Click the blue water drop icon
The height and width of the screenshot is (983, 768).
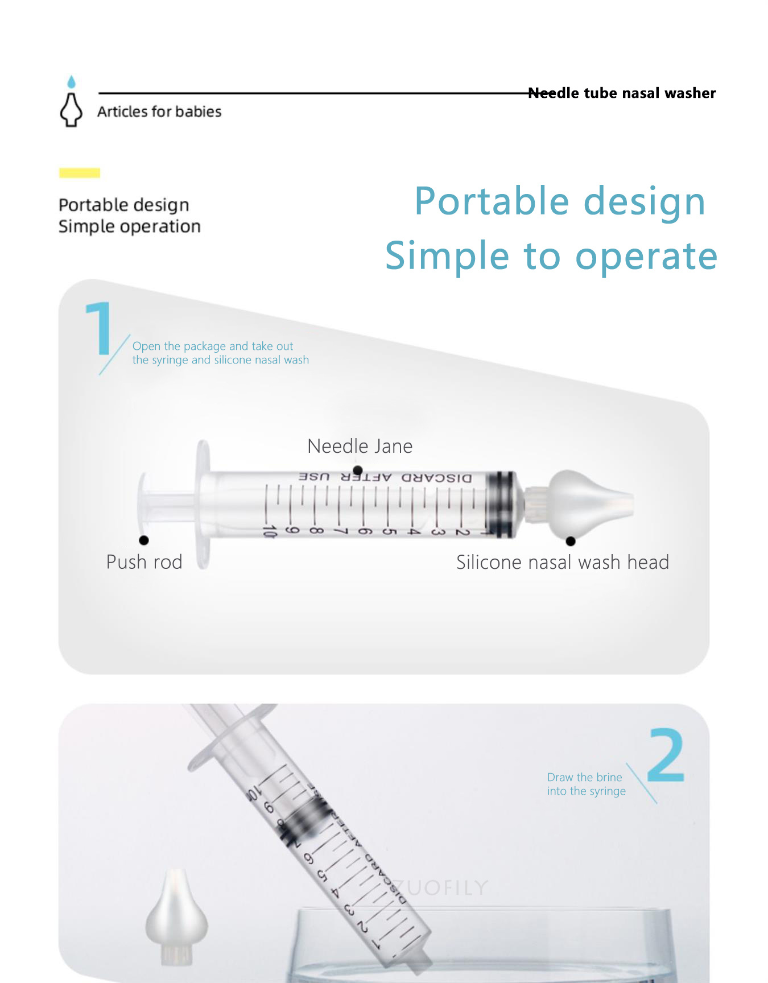pos(71,82)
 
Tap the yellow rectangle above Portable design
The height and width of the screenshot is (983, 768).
pos(80,173)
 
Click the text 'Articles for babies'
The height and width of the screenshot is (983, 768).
pos(159,111)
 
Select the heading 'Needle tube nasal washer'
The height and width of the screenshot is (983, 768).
pos(622,93)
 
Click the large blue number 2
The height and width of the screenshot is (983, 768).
pos(666,755)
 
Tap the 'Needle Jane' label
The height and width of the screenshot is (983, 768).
pos(360,447)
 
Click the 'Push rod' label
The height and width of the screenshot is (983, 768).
pos(144,562)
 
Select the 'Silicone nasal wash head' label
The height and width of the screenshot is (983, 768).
pos(563,563)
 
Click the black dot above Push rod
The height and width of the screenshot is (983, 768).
pos(144,540)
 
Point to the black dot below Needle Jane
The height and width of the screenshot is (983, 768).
pos(358,470)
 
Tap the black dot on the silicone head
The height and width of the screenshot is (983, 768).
pos(571,541)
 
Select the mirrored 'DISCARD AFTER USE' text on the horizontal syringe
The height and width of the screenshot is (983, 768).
pos(385,477)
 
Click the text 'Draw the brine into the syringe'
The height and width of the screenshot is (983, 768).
pos(586,784)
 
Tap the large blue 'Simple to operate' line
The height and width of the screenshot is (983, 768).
pos(551,255)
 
